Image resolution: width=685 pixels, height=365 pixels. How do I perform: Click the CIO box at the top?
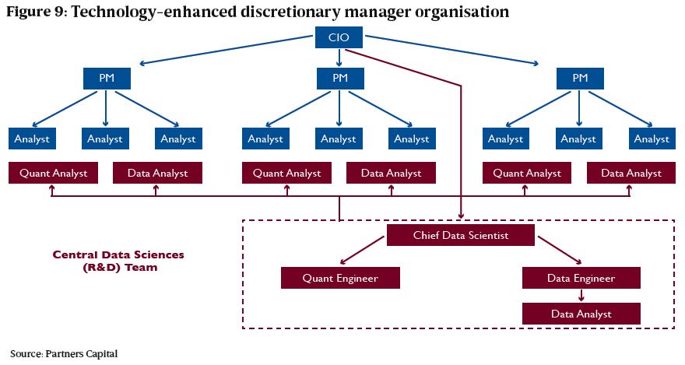(x=339, y=37)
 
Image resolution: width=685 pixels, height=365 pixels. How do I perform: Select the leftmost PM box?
(x=107, y=79)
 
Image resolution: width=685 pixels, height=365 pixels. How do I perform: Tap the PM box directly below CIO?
(x=340, y=79)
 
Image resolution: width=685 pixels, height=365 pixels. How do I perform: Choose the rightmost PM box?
(x=580, y=79)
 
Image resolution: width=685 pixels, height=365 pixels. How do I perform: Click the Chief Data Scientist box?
(x=461, y=235)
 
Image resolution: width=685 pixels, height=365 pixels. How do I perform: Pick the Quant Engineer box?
(x=340, y=278)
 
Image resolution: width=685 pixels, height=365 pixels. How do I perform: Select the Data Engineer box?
(x=581, y=278)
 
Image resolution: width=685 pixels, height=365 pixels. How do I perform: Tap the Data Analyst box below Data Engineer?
(x=581, y=314)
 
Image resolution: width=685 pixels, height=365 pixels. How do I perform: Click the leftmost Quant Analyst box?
(x=53, y=173)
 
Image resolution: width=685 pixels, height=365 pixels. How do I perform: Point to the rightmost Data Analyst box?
(x=631, y=173)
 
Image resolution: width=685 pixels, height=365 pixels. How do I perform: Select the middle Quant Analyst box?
(x=286, y=173)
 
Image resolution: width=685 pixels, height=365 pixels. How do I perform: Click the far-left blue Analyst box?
(x=32, y=139)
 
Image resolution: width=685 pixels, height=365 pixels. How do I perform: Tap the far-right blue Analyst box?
(x=652, y=139)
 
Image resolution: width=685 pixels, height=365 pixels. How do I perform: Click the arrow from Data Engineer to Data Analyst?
(x=581, y=296)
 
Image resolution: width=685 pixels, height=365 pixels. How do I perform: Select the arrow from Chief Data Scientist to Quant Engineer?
(x=362, y=251)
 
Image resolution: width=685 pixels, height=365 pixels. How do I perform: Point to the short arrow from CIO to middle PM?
(x=339, y=58)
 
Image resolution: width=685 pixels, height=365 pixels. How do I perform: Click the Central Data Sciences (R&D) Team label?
(x=118, y=261)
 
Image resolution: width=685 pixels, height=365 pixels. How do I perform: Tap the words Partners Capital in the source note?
(x=81, y=353)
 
